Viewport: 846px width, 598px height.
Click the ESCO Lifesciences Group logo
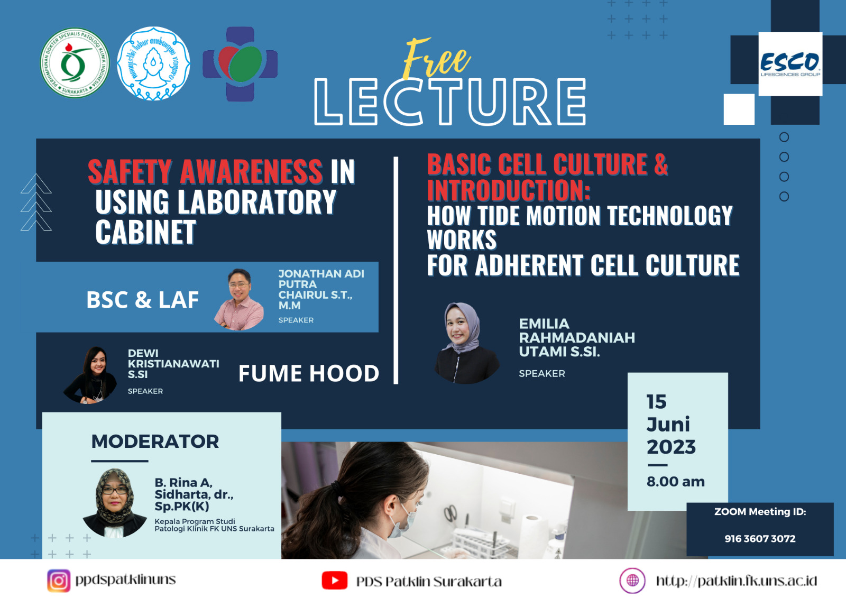click(x=790, y=64)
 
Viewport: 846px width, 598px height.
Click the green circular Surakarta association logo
click(x=75, y=63)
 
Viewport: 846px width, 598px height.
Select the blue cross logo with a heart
click(x=240, y=64)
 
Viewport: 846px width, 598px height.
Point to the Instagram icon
click(x=59, y=580)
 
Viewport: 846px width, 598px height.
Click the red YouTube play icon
click(x=334, y=580)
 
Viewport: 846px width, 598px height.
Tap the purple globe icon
click(x=632, y=580)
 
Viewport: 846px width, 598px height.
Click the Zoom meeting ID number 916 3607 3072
click(x=760, y=539)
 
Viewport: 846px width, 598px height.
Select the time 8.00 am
click(x=676, y=482)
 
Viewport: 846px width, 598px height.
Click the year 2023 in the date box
click(x=671, y=447)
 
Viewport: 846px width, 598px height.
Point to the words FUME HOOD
click(x=309, y=373)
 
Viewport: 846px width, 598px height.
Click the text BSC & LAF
click(x=142, y=300)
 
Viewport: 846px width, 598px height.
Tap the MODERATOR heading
click(x=155, y=441)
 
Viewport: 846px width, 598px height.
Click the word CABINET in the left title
click(x=145, y=232)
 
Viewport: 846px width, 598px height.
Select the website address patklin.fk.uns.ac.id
click(x=736, y=581)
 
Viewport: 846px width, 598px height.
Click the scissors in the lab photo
click(x=450, y=513)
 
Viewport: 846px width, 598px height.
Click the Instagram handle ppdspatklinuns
click(x=125, y=580)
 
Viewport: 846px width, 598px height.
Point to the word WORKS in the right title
click(x=462, y=240)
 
